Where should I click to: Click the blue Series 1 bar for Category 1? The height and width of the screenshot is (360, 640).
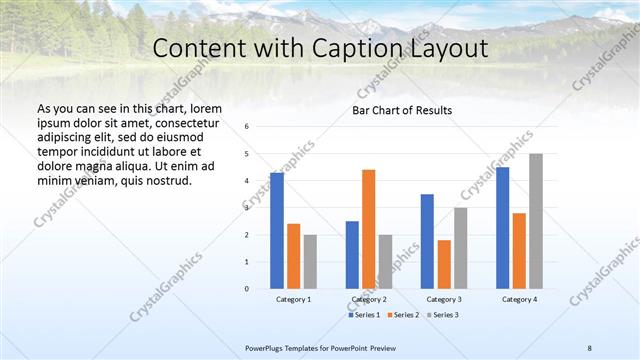[x=277, y=231]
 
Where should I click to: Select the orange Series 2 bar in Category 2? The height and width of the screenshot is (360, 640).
[x=368, y=229]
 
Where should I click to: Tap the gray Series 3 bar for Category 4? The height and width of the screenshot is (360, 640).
[x=536, y=221]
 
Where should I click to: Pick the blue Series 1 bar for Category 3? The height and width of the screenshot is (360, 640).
[x=427, y=241]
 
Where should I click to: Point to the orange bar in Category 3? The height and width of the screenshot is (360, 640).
[x=444, y=264]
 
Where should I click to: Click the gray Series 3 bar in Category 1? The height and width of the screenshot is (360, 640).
[x=310, y=261]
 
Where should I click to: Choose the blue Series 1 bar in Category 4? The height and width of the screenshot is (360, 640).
[x=502, y=228]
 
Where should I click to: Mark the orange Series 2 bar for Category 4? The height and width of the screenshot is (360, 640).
[x=519, y=250]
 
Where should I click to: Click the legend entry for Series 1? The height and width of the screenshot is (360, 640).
[x=364, y=315]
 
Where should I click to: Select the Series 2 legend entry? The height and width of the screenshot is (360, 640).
[x=403, y=315]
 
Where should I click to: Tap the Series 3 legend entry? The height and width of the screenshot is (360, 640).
[x=442, y=315]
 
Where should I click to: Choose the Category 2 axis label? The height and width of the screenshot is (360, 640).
[x=369, y=299]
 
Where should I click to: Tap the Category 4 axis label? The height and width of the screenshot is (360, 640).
[x=519, y=299]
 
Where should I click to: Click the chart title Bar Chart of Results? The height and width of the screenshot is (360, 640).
[x=402, y=110]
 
